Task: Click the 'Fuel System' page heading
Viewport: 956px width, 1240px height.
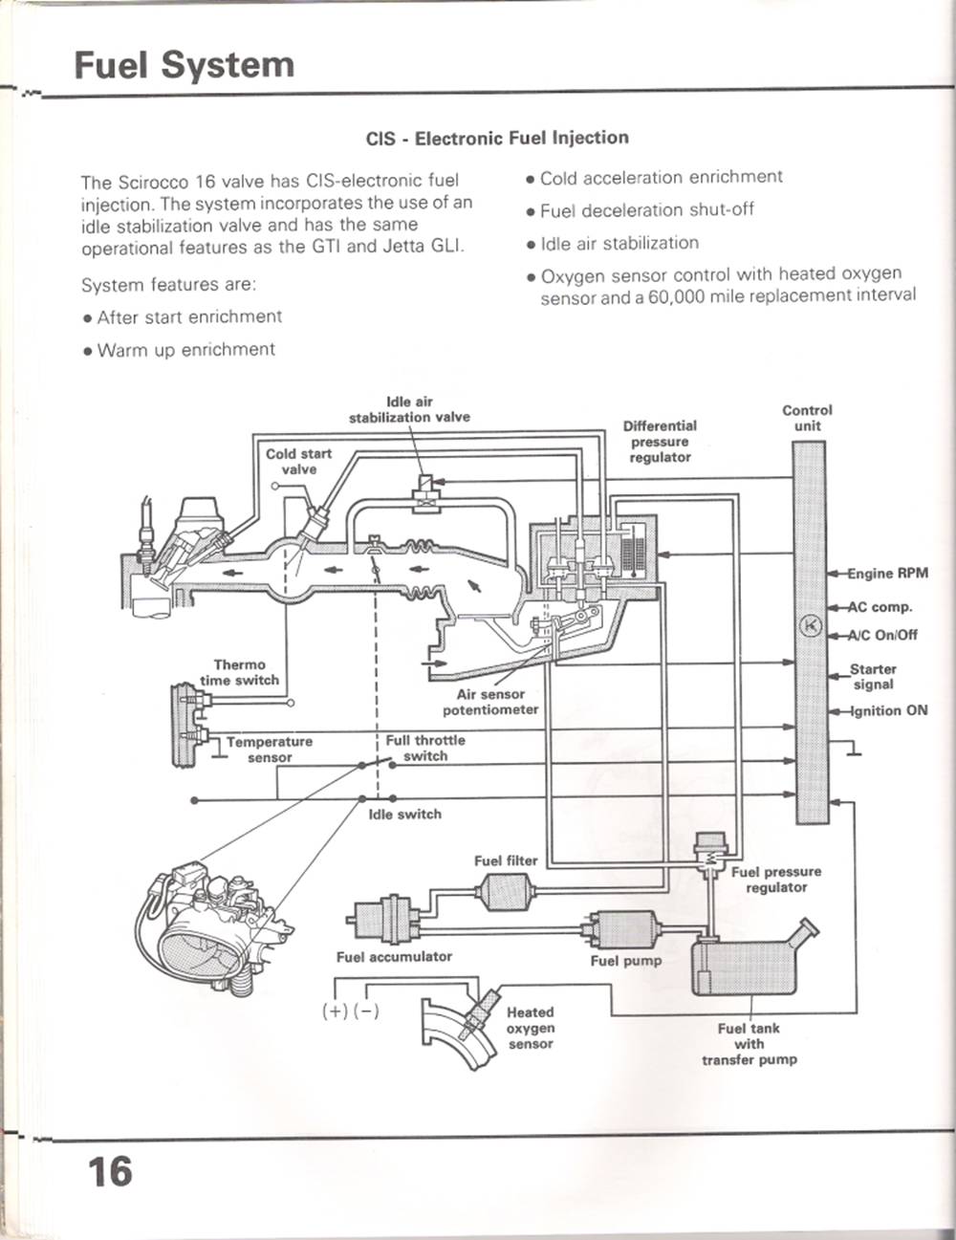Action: [185, 66]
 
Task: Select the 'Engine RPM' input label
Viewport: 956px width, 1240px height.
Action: [888, 573]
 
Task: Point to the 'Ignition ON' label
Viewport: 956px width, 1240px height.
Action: [889, 710]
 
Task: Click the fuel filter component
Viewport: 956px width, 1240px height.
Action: [506, 891]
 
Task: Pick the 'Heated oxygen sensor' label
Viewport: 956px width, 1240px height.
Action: [531, 1028]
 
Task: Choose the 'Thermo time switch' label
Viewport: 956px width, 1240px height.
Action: [240, 672]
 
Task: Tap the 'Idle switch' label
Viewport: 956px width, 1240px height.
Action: [405, 814]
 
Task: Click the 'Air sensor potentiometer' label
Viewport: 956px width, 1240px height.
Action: [490, 702]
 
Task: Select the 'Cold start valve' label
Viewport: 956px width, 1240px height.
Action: [299, 461]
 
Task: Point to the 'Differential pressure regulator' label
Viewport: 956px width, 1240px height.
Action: [660, 441]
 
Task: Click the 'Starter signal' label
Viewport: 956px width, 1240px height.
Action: [873, 676]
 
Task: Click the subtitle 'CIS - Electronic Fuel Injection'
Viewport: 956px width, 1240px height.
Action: [497, 139]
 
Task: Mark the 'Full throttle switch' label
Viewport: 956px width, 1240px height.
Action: [425, 748]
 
